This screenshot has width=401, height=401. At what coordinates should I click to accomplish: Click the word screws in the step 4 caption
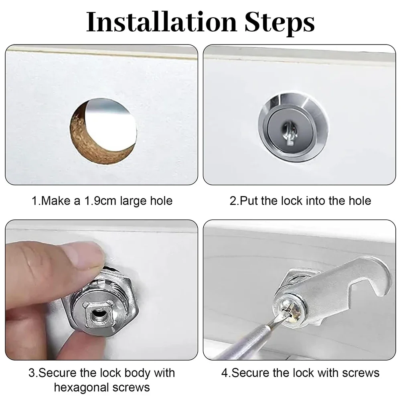(359, 373)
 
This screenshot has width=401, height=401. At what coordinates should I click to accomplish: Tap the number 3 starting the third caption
(32, 373)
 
